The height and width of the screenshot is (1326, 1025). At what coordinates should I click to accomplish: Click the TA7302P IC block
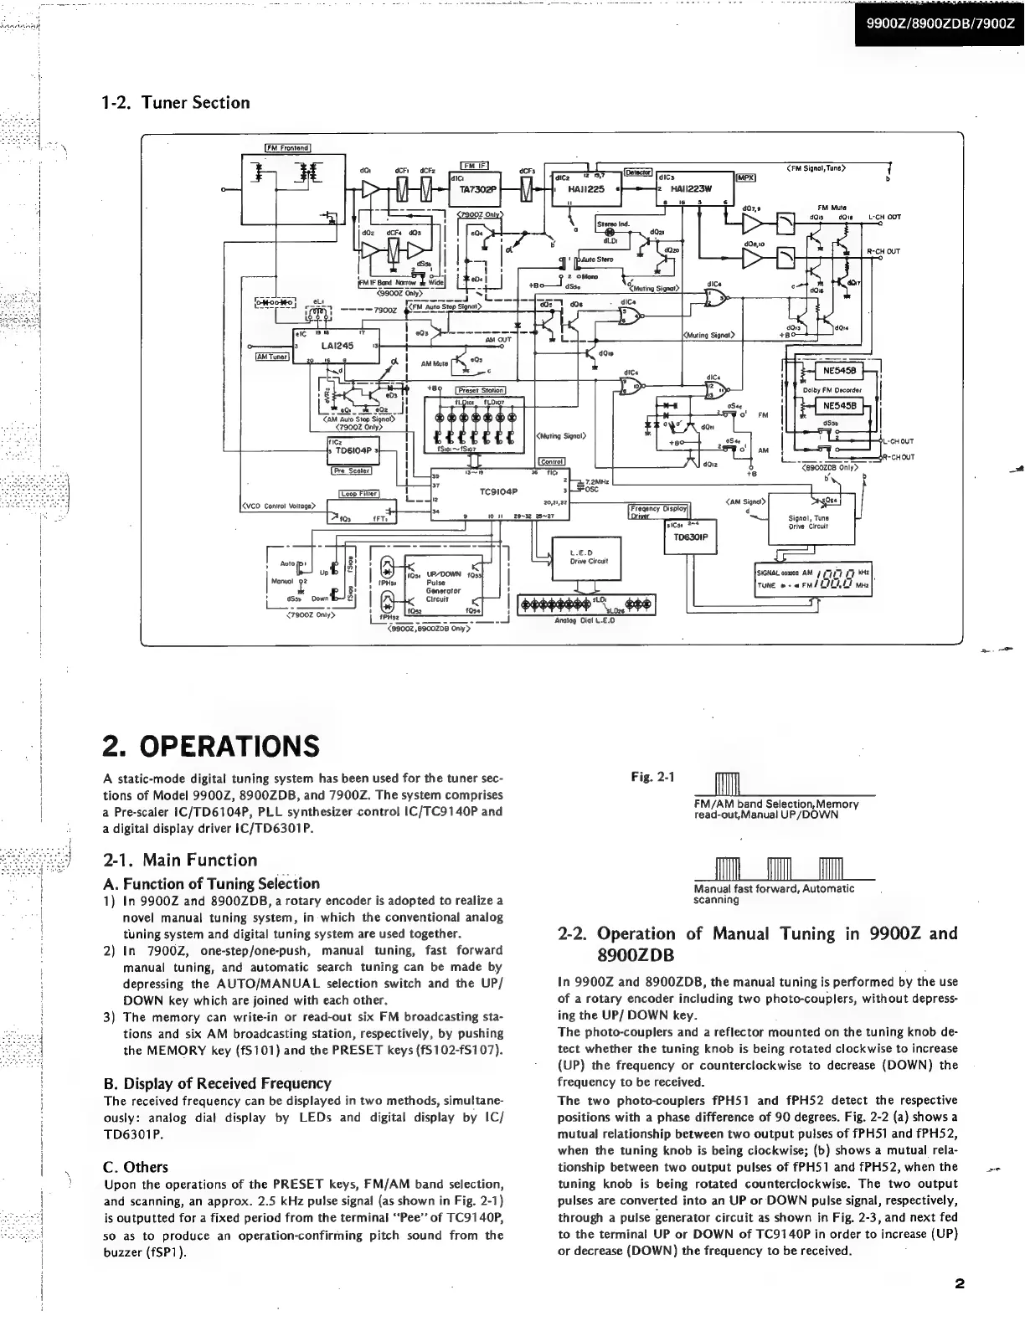(477, 189)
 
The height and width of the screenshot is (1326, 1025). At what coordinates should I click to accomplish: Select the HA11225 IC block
(583, 189)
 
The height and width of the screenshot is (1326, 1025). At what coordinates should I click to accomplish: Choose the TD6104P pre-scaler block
(354, 450)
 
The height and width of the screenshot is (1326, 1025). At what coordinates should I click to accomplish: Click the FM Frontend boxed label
(287, 148)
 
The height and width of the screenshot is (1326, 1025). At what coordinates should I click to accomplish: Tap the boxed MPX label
(746, 177)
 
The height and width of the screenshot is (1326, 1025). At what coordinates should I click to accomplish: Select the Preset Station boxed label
(480, 390)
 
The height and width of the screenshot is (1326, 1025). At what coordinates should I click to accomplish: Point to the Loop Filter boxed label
(359, 493)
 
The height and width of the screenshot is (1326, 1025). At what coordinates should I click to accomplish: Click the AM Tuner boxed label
(271, 357)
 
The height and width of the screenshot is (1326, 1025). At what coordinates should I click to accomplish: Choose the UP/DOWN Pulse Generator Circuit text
(444, 587)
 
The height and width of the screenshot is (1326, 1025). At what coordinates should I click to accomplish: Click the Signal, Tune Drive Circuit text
(808, 522)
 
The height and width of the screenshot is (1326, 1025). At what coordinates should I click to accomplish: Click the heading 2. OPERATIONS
(210, 744)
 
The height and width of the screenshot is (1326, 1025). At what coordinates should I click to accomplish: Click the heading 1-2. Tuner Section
(175, 103)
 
